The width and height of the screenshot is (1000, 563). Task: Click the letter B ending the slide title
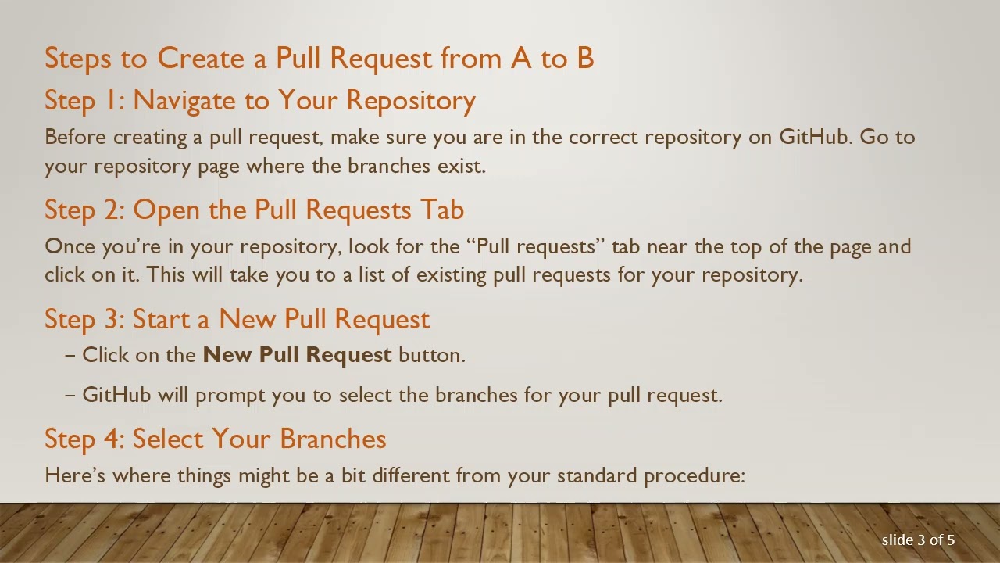[584, 59]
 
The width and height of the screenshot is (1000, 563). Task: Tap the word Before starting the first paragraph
[76, 138]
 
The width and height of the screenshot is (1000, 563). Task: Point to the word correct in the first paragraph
[604, 138]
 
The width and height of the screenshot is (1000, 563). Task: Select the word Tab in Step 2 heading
[442, 210]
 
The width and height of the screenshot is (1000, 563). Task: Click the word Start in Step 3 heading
[161, 320]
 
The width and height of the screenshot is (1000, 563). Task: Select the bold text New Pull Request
[297, 355]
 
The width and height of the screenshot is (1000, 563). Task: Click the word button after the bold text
[430, 355]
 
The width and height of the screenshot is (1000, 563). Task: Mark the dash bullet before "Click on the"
[70, 355]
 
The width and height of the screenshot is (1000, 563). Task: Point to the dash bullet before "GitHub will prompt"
[70, 395]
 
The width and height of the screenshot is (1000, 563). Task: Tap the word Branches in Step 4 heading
[333, 439]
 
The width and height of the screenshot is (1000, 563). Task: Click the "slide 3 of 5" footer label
[918, 540]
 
